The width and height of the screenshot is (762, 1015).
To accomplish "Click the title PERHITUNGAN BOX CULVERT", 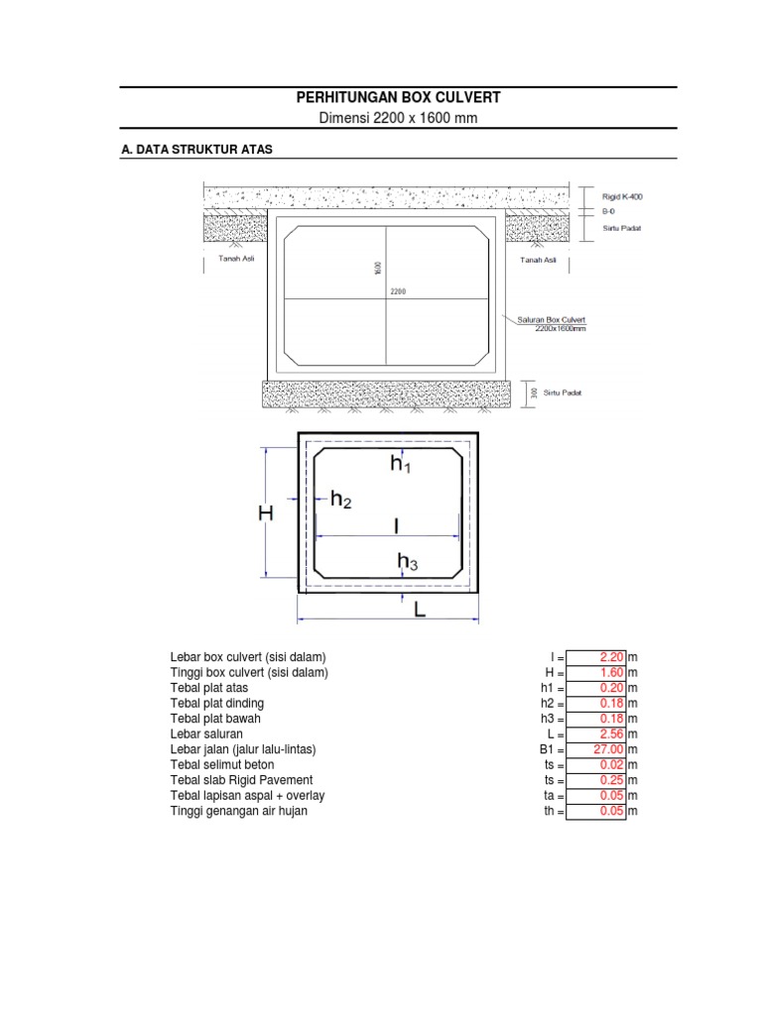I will pyautogui.click(x=399, y=97).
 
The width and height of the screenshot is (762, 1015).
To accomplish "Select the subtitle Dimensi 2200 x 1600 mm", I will pyautogui.click(x=399, y=119).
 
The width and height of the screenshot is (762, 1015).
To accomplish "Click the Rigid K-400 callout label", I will pyautogui.click(x=622, y=196).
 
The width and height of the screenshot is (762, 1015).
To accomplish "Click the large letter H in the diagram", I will pyautogui.click(x=266, y=513).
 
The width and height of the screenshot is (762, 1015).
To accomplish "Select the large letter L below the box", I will pyautogui.click(x=419, y=612).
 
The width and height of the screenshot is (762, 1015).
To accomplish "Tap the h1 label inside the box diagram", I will pyautogui.click(x=400, y=464).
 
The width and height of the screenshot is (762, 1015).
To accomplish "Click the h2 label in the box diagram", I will pyautogui.click(x=340, y=501).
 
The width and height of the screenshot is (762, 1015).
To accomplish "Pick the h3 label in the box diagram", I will pyautogui.click(x=407, y=563).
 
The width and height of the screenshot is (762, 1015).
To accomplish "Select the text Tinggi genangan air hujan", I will pyautogui.click(x=239, y=811).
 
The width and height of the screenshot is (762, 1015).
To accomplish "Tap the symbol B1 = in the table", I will pyautogui.click(x=550, y=750).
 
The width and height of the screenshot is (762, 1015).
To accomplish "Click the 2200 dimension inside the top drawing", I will pyautogui.click(x=398, y=292).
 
